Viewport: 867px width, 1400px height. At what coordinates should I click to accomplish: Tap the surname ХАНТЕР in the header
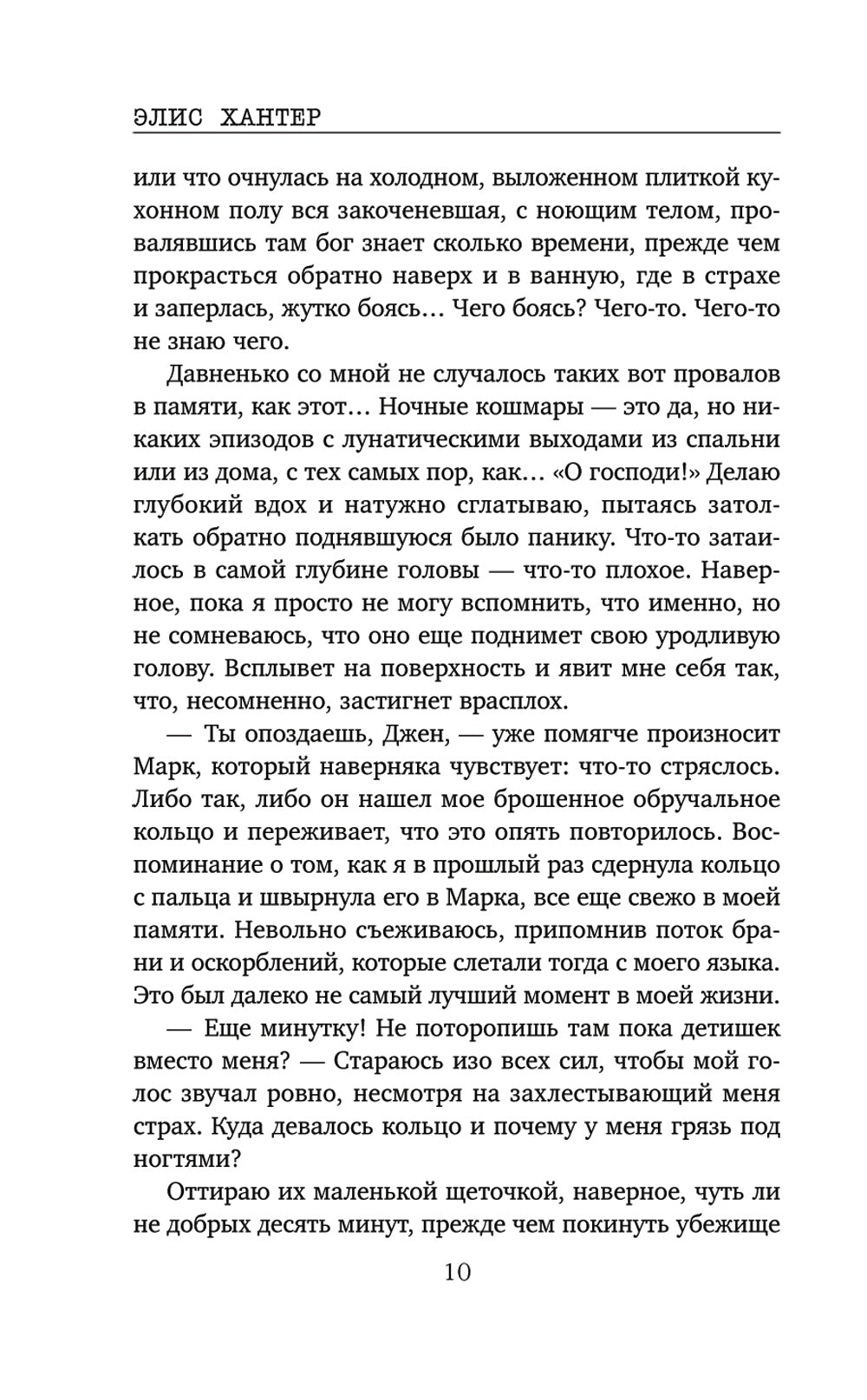click(x=268, y=116)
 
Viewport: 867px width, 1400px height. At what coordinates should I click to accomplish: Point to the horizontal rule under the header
click(x=457, y=133)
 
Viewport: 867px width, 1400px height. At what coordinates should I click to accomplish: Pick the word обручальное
click(x=708, y=798)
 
